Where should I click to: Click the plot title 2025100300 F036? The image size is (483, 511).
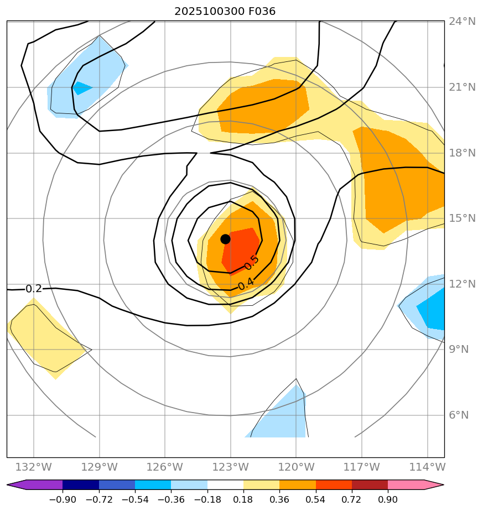point(225,11)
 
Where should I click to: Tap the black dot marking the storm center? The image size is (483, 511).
point(225,239)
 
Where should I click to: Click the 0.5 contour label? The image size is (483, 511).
point(252,263)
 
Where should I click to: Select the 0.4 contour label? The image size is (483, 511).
point(246,283)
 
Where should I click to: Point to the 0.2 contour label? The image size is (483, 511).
point(34,289)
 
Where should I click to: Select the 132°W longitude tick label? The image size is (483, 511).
point(34,467)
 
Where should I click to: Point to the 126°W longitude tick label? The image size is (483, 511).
point(165,467)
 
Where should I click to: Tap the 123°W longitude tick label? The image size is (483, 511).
point(230,467)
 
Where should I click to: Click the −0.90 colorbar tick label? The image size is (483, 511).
point(63,499)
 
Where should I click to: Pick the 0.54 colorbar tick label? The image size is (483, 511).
point(315,499)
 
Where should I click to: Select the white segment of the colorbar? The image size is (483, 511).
point(225,485)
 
